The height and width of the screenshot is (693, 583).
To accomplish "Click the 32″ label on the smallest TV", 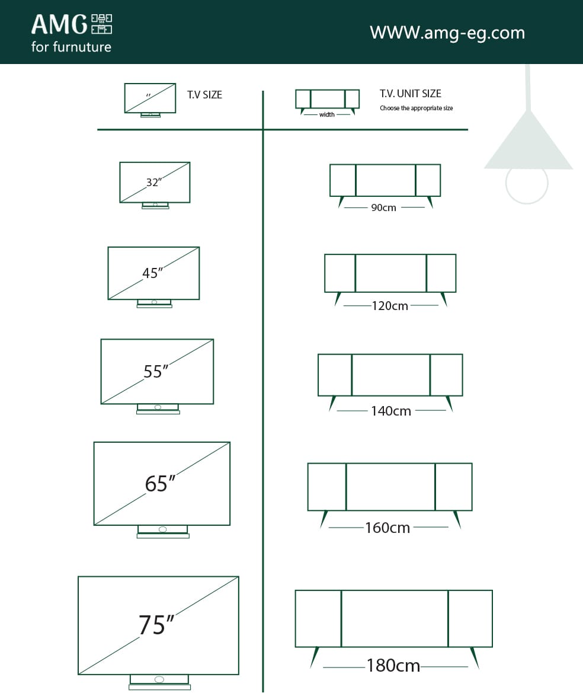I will tap(153, 183).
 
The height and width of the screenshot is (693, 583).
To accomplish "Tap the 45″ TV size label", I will tap(152, 273).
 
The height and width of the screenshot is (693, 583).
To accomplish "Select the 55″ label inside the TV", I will tap(156, 372).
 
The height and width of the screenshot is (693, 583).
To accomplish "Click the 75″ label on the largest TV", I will tap(156, 625).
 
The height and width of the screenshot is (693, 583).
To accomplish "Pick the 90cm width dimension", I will tap(384, 208).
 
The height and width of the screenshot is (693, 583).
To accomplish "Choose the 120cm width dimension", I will tap(390, 306).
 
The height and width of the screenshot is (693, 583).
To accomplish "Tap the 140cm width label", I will tap(391, 411).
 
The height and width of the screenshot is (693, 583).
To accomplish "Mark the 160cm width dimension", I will tap(387, 528).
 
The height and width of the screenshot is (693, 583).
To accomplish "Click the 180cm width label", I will tap(393, 666).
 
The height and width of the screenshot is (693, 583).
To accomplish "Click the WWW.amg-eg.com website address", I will tap(447, 32).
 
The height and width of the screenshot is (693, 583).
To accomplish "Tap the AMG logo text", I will tap(59, 25).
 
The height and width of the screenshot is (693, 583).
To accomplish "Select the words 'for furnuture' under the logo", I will tap(71, 47).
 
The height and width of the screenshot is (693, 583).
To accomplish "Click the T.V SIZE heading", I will tap(205, 95).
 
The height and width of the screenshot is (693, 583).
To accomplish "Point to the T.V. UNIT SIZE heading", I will tap(411, 94).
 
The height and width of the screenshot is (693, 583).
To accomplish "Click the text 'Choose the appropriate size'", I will tap(417, 108).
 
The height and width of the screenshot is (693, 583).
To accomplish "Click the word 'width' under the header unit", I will tap(327, 114).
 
